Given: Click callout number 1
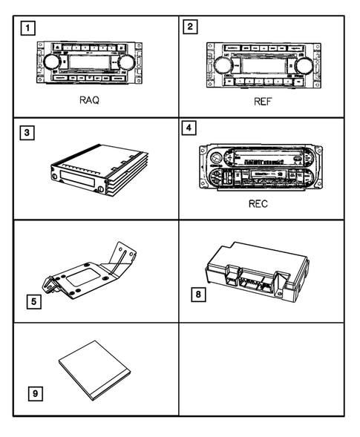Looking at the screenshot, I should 27,29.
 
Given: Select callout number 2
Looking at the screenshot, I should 191,27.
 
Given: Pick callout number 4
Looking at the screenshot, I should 191,128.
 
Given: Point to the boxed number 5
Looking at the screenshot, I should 33,303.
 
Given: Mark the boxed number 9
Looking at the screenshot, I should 34,392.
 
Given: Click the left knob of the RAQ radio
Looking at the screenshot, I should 51,62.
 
